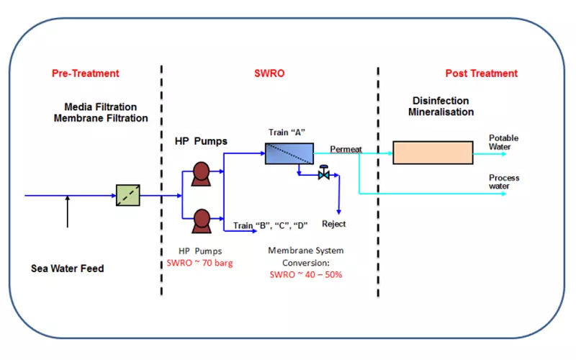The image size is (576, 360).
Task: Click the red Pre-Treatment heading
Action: pyautogui.click(x=85, y=73)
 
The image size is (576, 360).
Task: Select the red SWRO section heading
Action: pyautogui.click(x=269, y=73)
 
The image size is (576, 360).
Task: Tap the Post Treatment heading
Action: pyautogui.click(x=481, y=73)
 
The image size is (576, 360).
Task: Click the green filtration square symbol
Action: pyautogui.click(x=127, y=195)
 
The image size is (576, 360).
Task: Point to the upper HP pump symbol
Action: pyautogui.click(x=200, y=174)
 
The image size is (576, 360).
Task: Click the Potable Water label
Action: pyautogui.click(x=503, y=142)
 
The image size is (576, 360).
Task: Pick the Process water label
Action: pyautogui.click(x=504, y=181)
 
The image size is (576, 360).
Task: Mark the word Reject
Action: pyautogui.click(x=333, y=224)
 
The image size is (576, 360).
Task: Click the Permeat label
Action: pyautogui.click(x=346, y=149)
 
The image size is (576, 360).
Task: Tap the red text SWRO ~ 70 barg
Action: pyautogui.click(x=199, y=262)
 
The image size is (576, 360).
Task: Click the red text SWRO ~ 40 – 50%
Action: pyautogui.click(x=305, y=274)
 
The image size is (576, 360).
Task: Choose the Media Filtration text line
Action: pyautogui.click(x=101, y=107)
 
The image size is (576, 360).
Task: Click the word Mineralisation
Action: pyautogui.click(x=441, y=112)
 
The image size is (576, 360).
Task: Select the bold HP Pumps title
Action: pyautogui.click(x=202, y=141)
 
